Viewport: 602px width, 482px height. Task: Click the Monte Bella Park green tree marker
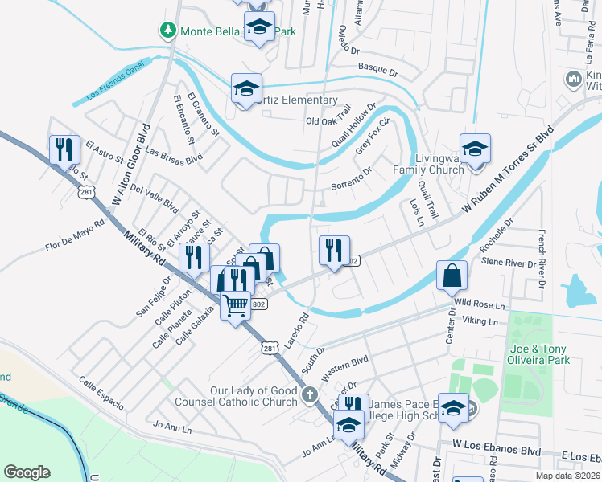(x=167, y=31)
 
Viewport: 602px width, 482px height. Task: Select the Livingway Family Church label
(x=428, y=164)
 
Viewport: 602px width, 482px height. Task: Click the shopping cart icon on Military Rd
(x=235, y=304)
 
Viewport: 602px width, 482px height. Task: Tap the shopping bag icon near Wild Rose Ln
(x=451, y=275)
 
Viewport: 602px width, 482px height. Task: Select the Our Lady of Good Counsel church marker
(x=310, y=394)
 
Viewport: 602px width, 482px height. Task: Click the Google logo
(x=27, y=472)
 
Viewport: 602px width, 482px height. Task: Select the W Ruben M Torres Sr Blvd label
(x=508, y=170)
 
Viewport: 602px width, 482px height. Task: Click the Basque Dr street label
(x=378, y=71)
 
